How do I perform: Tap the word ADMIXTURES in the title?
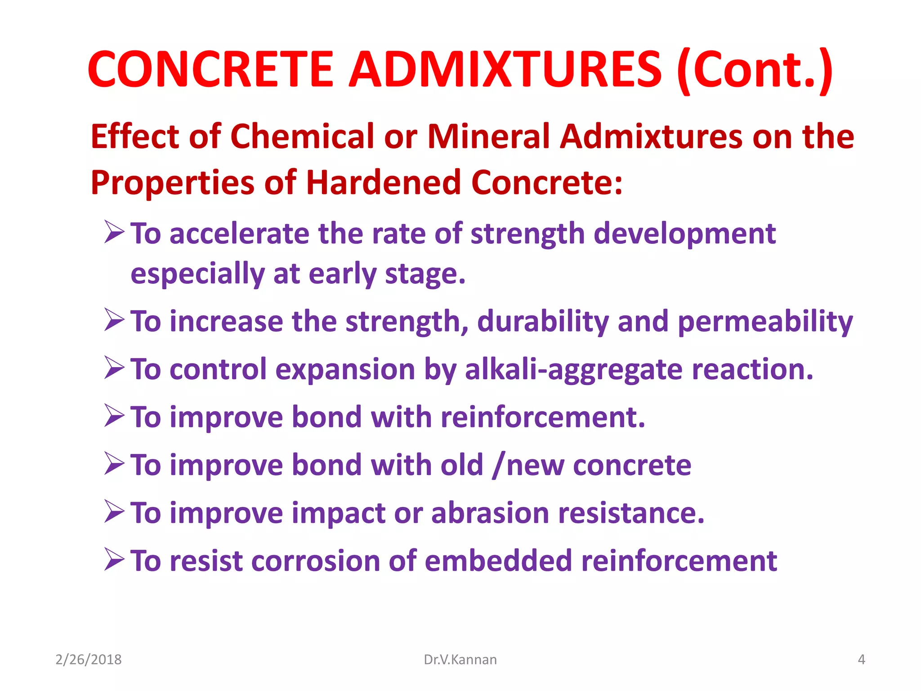(x=505, y=70)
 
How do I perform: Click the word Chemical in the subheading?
(x=302, y=137)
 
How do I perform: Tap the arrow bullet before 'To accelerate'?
(x=114, y=232)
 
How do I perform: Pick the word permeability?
(x=765, y=322)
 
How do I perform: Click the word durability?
(x=543, y=322)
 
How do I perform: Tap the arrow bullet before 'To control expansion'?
(x=114, y=368)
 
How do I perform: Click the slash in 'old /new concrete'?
(x=496, y=466)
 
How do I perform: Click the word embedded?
(x=498, y=561)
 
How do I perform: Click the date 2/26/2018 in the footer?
(x=89, y=660)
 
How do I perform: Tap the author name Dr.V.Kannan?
(x=460, y=660)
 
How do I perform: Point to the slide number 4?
(x=861, y=660)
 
